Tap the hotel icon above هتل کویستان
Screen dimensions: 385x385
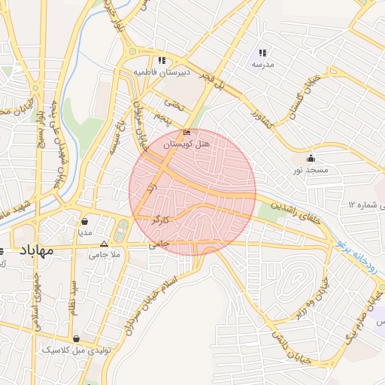pyautogui.click(x=187, y=132)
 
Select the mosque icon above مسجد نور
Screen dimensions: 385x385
pyautogui.click(x=311, y=158)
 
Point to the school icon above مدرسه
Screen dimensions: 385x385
pyautogui.click(x=262, y=53)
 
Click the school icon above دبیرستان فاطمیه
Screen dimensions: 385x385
pyautogui.click(x=161, y=60)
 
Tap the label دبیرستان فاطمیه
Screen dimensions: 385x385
pyautogui.click(x=162, y=72)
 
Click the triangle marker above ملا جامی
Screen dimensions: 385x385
pyautogui.click(x=104, y=244)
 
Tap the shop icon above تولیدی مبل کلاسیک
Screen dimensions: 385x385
pyautogui.click(x=77, y=338)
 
